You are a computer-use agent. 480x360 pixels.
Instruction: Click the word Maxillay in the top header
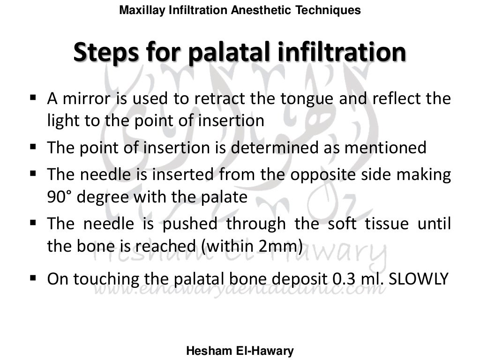pyautogui.click(x=138, y=10)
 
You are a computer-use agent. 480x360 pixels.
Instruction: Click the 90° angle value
pyautogui.click(x=59, y=197)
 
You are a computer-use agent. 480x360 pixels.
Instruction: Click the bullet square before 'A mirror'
pyautogui.click(x=33, y=98)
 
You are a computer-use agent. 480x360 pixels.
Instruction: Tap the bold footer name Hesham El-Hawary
pyautogui.click(x=240, y=351)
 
